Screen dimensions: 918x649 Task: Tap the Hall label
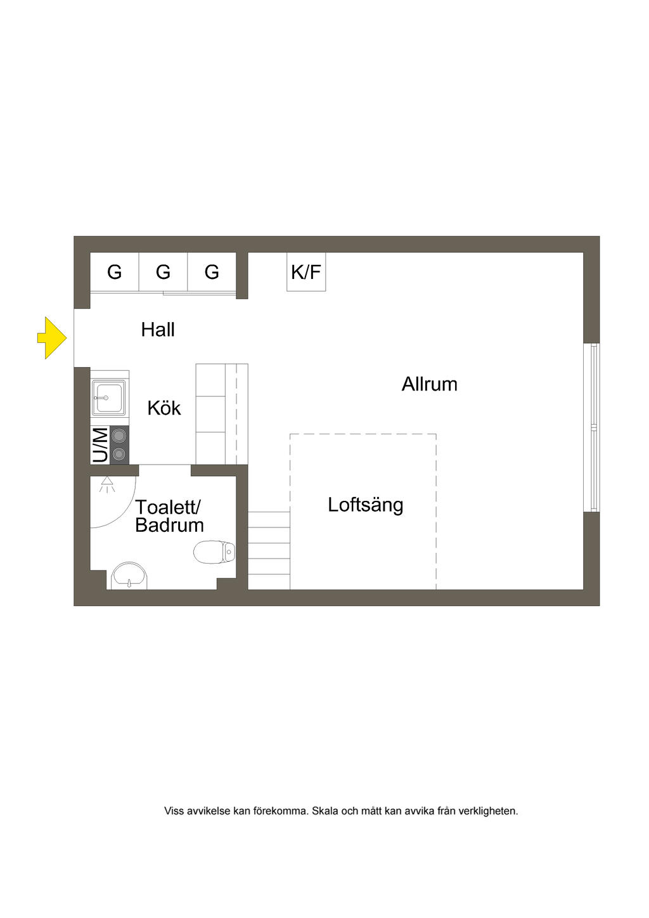(x=158, y=330)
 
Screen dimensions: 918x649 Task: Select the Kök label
(x=164, y=408)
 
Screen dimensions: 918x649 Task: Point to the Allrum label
(x=429, y=384)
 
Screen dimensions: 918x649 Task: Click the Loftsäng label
(x=365, y=505)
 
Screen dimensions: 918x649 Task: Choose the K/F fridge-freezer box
(x=306, y=272)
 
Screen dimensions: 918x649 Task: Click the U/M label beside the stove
(x=100, y=445)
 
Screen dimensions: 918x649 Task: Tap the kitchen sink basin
(x=108, y=398)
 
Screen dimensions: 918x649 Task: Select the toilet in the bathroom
(x=214, y=552)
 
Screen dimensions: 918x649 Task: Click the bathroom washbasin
(x=129, y=576)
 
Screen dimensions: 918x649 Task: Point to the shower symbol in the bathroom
(x=107, y=485)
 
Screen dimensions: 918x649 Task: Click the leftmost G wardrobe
(x=114, y=272)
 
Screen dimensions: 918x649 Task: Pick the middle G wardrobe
(x=163, y=272)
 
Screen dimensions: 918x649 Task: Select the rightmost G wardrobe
(x=212, y=272)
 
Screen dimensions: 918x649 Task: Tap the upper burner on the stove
(x=119, y=436)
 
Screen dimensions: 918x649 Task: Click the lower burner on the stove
(x=119, y=454)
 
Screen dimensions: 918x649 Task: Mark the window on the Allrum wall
(x=594, y=427)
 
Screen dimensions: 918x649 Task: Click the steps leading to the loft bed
(x=269, y=550)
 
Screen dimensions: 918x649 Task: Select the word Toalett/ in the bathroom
(x=168, y=507)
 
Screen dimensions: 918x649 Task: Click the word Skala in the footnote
(x=325, y=811)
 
